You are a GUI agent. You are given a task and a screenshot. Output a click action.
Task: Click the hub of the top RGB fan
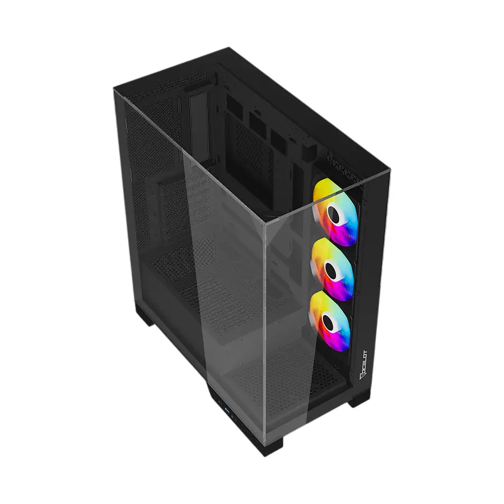coord(335,213)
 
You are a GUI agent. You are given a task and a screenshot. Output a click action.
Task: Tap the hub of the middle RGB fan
coord(332,270)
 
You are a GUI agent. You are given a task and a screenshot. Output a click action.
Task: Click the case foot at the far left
coord(144,314)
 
